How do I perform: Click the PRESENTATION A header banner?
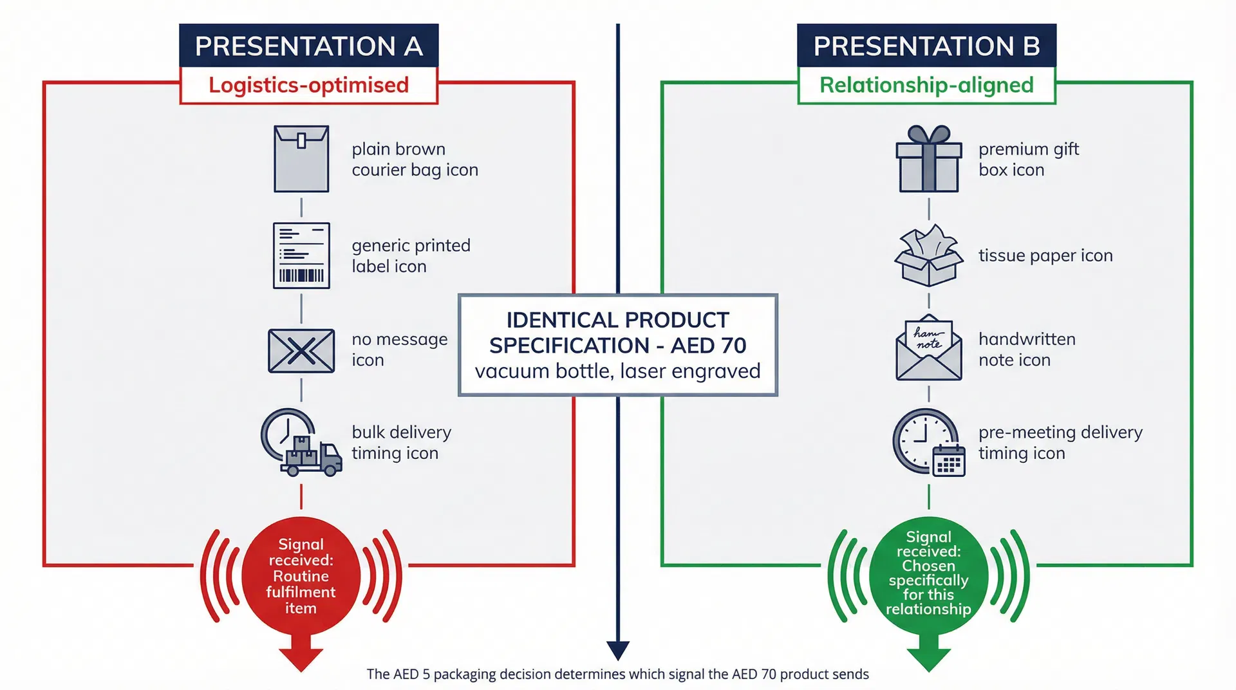[308, 46]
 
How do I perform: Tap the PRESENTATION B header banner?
[926, 46]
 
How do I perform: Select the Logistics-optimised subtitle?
[308, 85]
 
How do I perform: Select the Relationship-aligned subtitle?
[926, 85]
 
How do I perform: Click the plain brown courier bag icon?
[301, 159]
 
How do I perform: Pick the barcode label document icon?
[301, 256]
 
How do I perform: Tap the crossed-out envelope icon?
[301, 351]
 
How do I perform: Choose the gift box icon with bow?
[928, 159]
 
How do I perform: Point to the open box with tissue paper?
[928, 256]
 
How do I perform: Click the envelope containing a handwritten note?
[928, 348]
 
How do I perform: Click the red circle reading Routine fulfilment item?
[301, 575]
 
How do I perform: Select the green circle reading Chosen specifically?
[928, 573]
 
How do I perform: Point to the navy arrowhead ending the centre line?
[617, 650]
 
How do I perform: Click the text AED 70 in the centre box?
[708, 346]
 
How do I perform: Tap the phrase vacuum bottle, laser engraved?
[617, 371]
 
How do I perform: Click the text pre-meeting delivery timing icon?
[1060, 442]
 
